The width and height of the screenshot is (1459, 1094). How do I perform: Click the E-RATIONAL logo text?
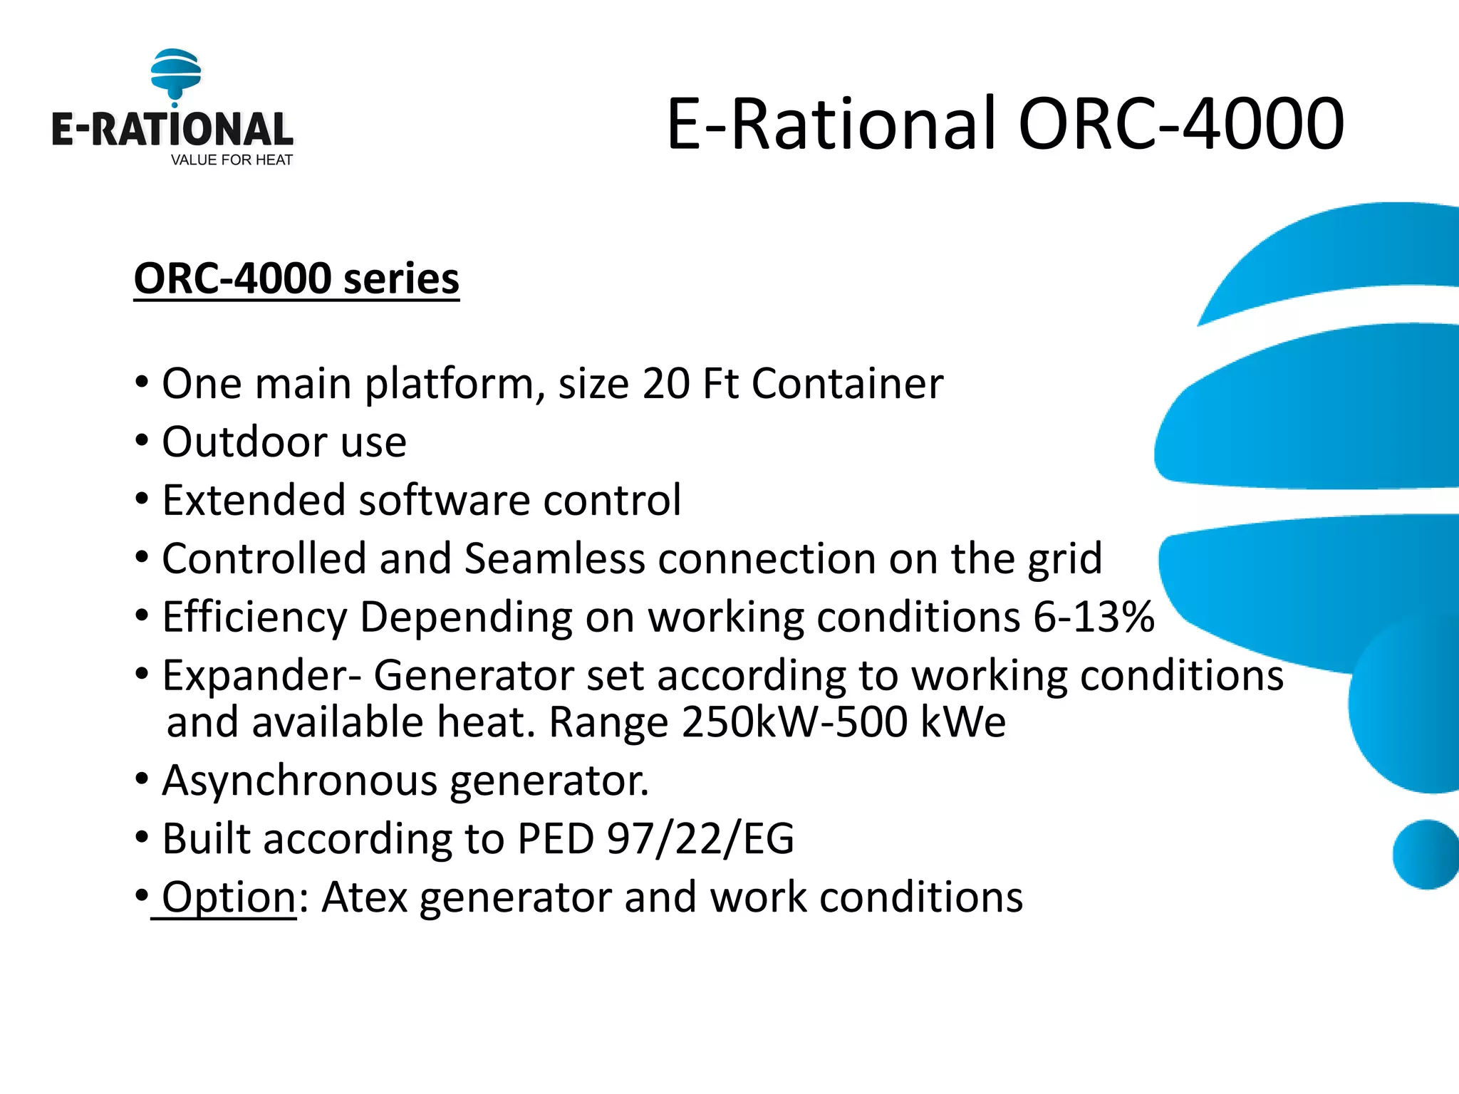(x=172, y=130)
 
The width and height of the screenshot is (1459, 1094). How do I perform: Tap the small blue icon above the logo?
(x=175, y=74)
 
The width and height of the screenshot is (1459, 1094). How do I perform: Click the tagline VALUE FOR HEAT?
(x=232, y=160)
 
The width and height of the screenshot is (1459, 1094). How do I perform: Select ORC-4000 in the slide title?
(x=1180, y=124)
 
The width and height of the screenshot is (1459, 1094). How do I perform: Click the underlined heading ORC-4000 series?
(x=296, y=278)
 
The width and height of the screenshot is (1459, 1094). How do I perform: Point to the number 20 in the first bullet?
(x=665, y=384)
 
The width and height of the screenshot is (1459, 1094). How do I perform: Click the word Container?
(x=847, y=384)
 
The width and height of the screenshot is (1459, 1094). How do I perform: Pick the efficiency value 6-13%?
(x=1093, y=617)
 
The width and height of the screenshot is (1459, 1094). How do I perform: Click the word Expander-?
(x=261, y=675)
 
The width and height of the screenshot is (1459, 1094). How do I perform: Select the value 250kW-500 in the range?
(x=793, y=722)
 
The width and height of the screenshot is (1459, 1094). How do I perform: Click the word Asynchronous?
(x=299, y=781)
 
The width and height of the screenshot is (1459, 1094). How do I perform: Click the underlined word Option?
(x=228, y=897)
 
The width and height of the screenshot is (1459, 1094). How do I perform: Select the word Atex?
(x=364, y=897)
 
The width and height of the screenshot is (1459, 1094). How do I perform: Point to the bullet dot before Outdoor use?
(x=142, y=441)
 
